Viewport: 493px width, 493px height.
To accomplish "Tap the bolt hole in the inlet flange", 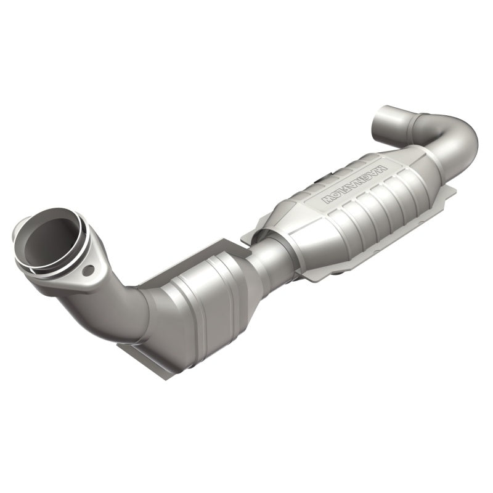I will click(89, 270).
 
